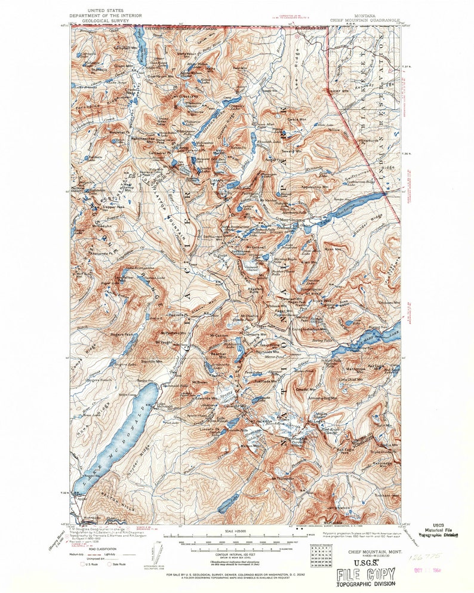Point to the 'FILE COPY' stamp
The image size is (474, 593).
point(365,575)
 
